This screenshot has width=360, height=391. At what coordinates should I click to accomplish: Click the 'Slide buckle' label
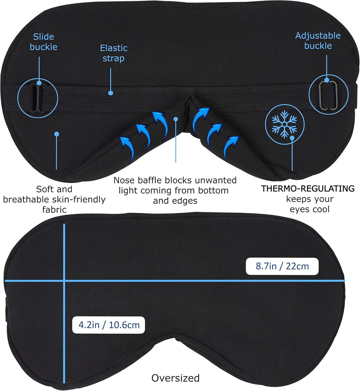point(43,42)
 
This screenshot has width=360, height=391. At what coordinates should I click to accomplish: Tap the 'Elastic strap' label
point(114,53)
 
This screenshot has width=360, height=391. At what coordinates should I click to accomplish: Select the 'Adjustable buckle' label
point(318,41)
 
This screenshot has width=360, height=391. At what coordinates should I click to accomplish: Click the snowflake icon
point(284,124)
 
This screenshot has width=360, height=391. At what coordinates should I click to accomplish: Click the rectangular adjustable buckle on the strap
point(328,96)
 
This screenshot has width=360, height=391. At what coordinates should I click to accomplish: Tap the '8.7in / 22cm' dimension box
point(282,266)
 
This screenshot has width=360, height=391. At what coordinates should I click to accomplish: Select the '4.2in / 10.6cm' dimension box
point(109,325)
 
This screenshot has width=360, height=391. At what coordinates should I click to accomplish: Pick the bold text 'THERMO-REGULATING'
point(307,189)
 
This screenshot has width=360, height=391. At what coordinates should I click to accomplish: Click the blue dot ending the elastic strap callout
point(111,93)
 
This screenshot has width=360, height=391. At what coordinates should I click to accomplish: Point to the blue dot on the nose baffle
point(176,119)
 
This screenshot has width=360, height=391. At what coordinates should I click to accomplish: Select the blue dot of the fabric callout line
point(57,134)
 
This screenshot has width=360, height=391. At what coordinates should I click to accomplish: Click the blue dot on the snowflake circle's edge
point(292,138)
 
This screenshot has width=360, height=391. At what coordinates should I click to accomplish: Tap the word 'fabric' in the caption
point(54,210)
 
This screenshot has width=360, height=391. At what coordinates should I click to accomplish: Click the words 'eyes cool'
point(310,209)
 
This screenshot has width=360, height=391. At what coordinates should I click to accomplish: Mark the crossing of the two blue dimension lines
point(64,281)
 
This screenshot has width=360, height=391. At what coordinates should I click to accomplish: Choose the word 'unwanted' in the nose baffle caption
point(216,180)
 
